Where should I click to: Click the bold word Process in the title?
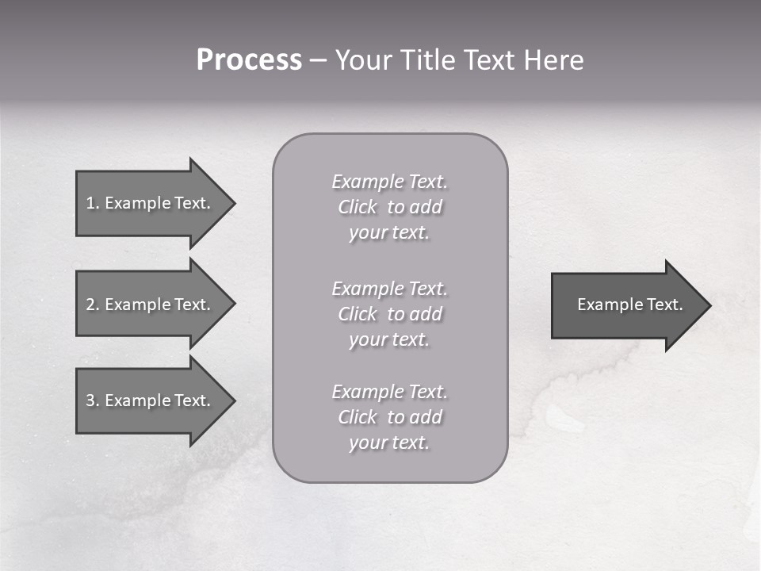tap(249, 60)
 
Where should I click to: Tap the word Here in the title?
tap(554, 60)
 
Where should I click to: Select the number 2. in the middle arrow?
tap(93, 305)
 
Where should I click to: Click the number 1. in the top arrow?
tap(93, 203)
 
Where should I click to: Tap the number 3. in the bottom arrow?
tap(93, 400)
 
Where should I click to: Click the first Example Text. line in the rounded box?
tap(390, 182)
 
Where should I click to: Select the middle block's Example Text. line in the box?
tap(390, 288)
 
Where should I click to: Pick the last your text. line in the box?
tap(390, 443)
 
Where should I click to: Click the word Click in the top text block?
tap(358, 207)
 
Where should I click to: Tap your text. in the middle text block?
tap(390, 339)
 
